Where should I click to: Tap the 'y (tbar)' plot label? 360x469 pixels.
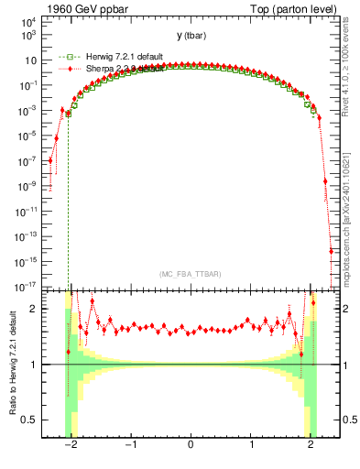click(191, 36)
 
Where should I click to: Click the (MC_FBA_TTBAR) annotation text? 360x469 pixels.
click(190, 275)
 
